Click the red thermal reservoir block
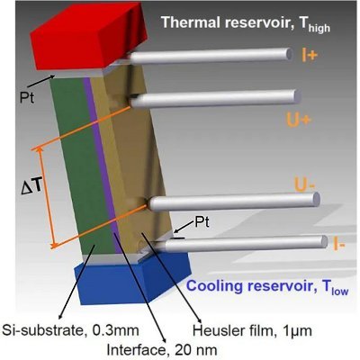[x=87, y=36]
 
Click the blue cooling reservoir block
[x=132, y=277]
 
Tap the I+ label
[x=310, y=55]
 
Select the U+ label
[x=297, y=120]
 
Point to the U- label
[x=305, y=185]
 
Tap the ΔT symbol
[x=32, y=187]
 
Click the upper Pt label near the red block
[x=27, y=97]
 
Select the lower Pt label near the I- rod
[x=202, y=222]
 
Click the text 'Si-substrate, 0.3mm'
[x=71, y=330]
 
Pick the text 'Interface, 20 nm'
[x=162, y=349]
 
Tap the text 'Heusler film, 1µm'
[x=252, y=330]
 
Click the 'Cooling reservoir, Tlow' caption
[x=267, y=286]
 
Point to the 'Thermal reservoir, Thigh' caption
[x=246, y=23]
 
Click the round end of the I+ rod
[x=290, y=54]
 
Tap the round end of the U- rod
[x=316, y=199]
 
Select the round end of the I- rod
[x=324, y=241]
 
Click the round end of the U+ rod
[x=297, y=96]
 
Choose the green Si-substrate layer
[x=79, y=165]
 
